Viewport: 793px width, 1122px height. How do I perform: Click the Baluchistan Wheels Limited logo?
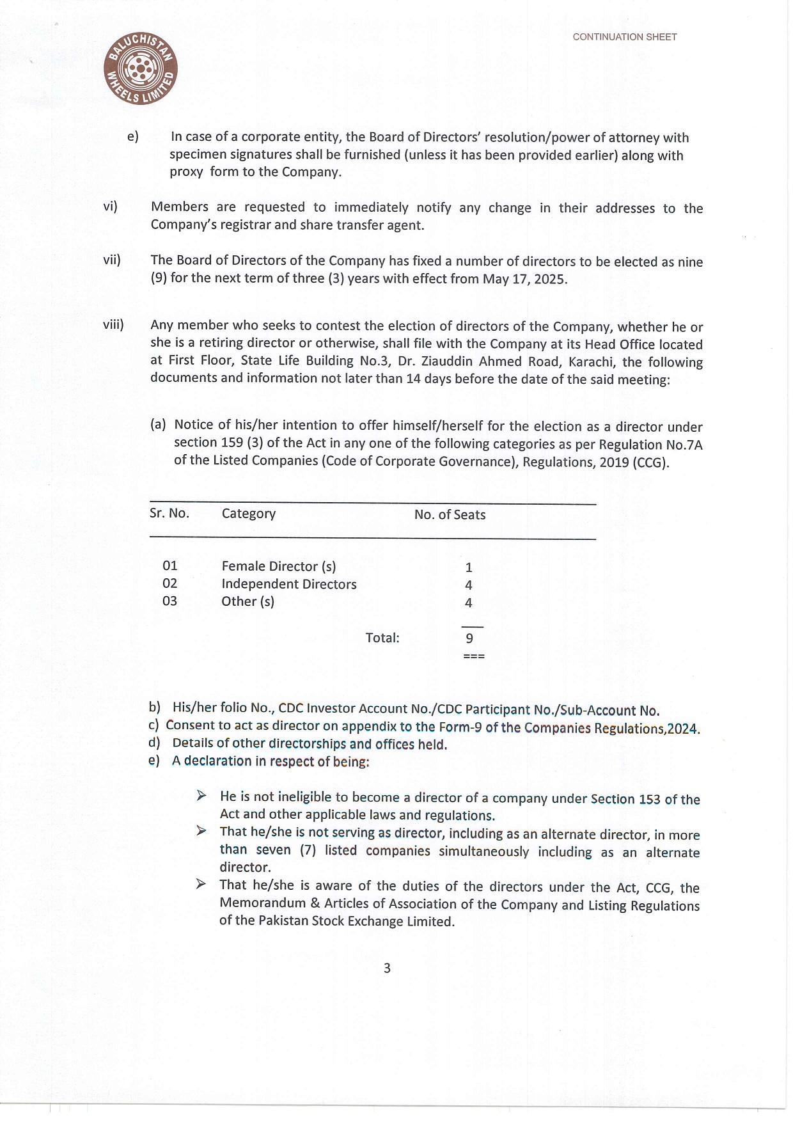coord(141,69)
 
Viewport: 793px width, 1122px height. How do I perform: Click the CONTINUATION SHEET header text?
coord(624,37)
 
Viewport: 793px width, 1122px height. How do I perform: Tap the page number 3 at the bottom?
coord(387,968)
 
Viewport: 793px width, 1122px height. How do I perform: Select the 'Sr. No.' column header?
coord(169,513)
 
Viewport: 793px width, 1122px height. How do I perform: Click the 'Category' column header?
coord(249,514)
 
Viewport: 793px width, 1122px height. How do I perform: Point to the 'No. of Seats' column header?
coord(450,515)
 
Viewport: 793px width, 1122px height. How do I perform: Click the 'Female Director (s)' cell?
coord(278,566)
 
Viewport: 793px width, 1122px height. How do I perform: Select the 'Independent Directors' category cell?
coord(289,584)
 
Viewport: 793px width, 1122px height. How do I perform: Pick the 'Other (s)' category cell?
coord(247,601)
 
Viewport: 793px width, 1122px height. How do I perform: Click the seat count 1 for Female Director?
coord(469,567)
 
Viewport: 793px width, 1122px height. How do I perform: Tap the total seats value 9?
coord(469,638)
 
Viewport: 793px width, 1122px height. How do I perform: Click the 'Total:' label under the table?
coord(382,638)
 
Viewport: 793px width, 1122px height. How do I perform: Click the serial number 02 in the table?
coord(169,583)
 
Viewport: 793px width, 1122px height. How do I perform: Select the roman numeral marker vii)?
coord(112,260)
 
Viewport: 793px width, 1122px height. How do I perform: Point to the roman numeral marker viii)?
coord(113,324)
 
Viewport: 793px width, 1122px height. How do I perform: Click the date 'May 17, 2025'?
coord(524,279)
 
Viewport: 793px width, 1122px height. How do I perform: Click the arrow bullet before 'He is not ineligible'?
coord(201,796)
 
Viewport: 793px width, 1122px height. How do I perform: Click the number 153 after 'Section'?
coord(649,799)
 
